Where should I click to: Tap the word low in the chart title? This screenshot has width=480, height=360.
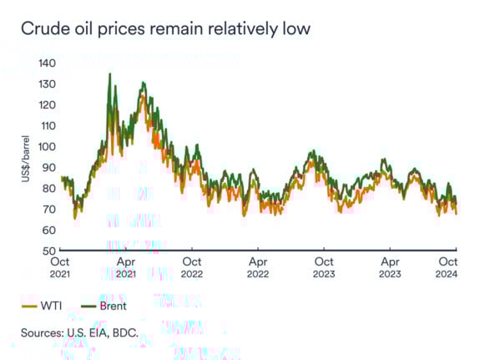(296, 29)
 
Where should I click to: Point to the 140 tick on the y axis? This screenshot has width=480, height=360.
(47, 63)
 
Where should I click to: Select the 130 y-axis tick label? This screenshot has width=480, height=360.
(47, 84)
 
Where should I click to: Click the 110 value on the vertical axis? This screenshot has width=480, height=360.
(47, 125)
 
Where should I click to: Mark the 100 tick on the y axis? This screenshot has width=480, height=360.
(47, 146)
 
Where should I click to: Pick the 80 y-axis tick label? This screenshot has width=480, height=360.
(49, 188)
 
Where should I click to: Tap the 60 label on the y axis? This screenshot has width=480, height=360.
(49, 230)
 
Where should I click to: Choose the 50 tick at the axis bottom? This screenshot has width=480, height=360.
(49, 251)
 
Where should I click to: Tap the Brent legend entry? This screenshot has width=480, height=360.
(112, 306)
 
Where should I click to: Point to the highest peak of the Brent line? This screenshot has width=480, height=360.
(109, 74)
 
